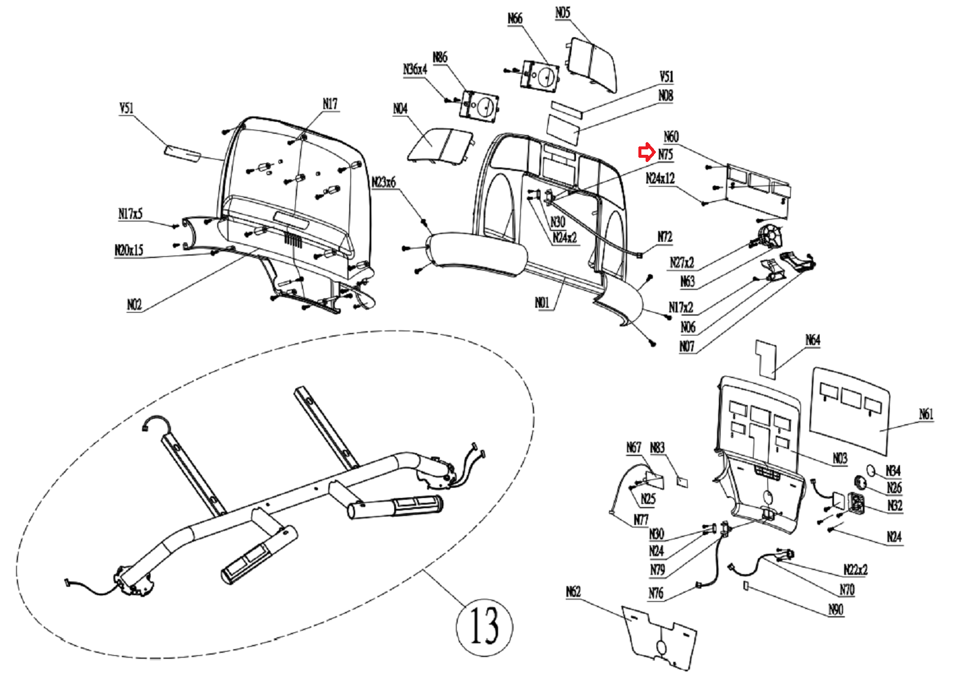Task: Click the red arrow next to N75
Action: coord(646,153)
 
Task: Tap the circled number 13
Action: coord(484,626)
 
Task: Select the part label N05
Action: coord(562,13)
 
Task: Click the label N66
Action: coord(515,19)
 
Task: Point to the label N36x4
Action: coord(415,70)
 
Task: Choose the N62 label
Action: coord(573,592)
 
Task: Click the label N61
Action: coord(926,414)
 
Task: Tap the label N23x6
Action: coord(383,182)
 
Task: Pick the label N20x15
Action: coord(129,250)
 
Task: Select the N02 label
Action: coord(134,305)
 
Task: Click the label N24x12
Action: coord(660,178)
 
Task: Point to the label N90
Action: coord(835,610)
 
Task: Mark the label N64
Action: coord(812,340)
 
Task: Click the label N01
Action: coord(542,302)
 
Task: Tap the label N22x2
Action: coord(855,569)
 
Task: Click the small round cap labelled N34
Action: coord(871,471)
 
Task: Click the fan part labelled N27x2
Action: coord(770,235)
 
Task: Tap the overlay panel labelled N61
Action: coord(850,411)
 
